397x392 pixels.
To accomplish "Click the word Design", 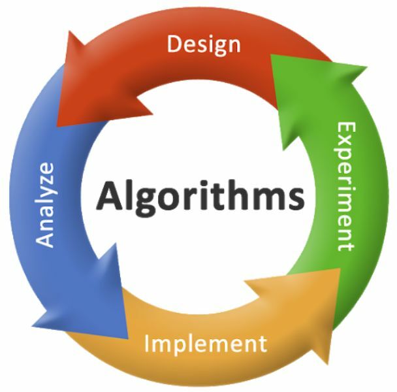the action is pyautogui.click(x=204, y=45).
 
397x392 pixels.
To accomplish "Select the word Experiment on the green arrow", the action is pyautogui.click(x=347, y=186).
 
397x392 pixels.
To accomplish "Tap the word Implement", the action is pyautogui.click(x=206, y=344).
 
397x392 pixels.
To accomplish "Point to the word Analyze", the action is pyautogui.click(x=46, y=204).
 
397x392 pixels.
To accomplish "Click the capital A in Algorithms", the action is pyautogui.click(x=110, y=195).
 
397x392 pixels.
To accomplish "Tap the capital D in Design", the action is pyautogui.click(x=175, y=44).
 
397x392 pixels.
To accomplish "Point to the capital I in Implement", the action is pyautogui.click(x=146, y=344).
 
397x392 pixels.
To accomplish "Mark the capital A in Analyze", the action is pyautogui.click(x=45, y=239).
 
